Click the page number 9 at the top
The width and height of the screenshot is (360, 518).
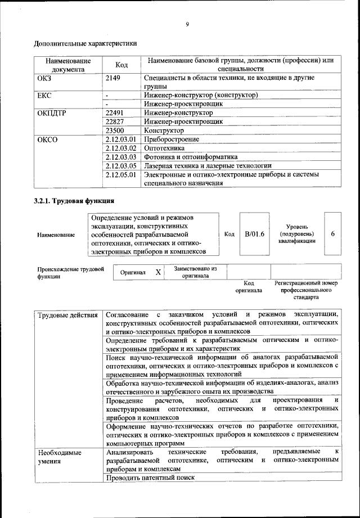click(x=187, y=24)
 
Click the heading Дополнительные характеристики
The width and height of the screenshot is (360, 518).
click(x=85, y=43)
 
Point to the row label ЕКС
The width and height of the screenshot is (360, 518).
click(x=44, y=95)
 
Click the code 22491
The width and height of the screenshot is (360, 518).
click(x=115, y=112)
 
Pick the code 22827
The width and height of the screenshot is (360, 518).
click(x=115, y=121)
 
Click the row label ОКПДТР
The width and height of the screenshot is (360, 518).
click(x=52, y=112)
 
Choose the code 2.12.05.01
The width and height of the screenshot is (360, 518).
click(x=121, y=174)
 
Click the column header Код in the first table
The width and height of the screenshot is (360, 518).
click(x=121, y=65)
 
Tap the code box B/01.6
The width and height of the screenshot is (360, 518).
click(x=254, y=234)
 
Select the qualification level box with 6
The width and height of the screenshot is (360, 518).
click(x=333, y=234)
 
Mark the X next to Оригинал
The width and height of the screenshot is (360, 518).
click(x=158, y=272)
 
